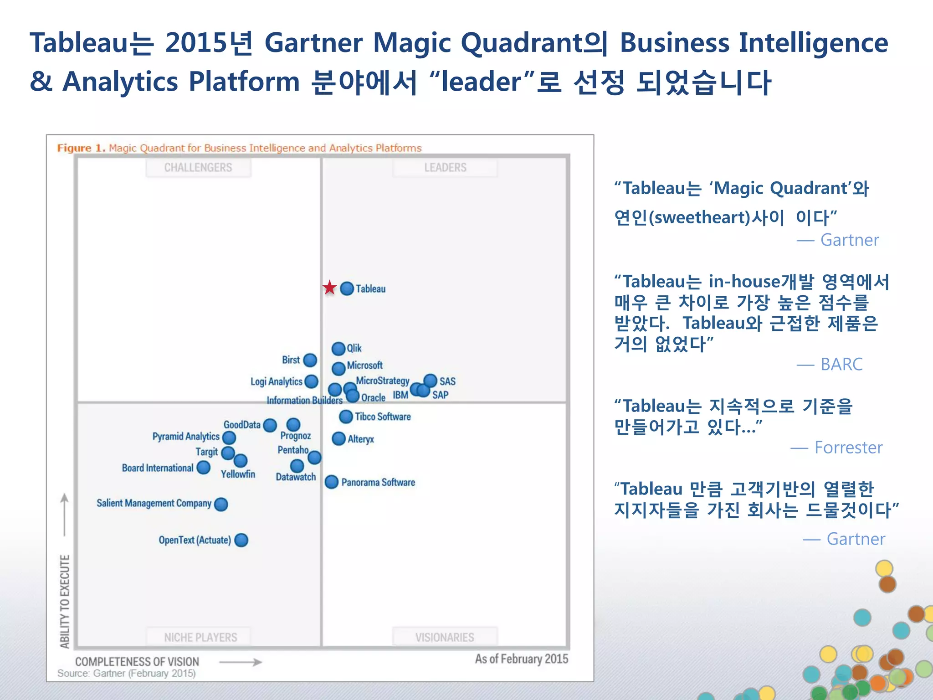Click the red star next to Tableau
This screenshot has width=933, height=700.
click(x=329, y=288)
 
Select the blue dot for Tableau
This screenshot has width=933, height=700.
click(x=347, y=288)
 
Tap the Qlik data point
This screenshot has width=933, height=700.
click(x=338, y=349)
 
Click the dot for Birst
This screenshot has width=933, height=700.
click(x=310, y=360)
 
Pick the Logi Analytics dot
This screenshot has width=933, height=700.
click(x=312, y=381)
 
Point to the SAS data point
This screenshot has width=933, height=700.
click(x=431, y=381)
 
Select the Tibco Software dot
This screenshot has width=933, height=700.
click(x=346, y=417)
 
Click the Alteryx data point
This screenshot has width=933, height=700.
click(x=338, y=439)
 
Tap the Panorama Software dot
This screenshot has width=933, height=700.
click(x=332, y=482)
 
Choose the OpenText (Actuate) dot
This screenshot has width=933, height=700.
click(x=241, y=540)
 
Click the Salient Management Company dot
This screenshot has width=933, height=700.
click(x=221, y=504)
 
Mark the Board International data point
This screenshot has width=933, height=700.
click(x=203, y=468)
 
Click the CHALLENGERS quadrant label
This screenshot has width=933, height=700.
click(x=198, y=168)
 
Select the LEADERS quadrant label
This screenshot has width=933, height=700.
click(x=445, y=168)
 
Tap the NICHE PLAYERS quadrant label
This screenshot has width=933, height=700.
click(x=200, y=637)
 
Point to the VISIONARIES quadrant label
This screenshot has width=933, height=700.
click(x=445, y=637)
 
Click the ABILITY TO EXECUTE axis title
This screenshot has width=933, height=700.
click(x=65, y=601)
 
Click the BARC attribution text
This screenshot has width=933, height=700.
click(x=841, y=365)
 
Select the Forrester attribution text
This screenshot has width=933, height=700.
click(x=848, y=448)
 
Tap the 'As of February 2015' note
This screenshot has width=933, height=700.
click(x=521, y=659)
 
